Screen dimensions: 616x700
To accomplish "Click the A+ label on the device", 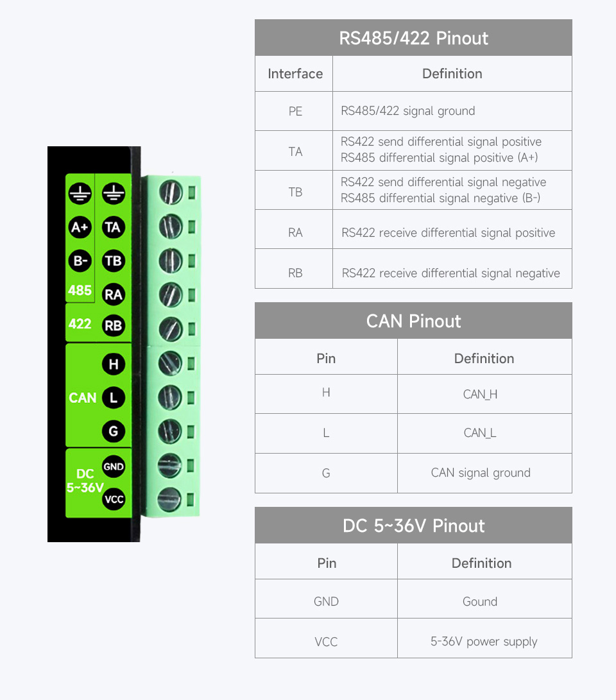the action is click(x=80, y=227).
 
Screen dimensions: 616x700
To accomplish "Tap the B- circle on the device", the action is click(x=80, y=260).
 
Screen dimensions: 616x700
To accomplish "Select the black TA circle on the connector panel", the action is click(x=114, y=227).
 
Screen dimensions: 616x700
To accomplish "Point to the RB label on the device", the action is click(x=114, y=326).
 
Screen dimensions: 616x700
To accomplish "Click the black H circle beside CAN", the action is click(x=114, y=364).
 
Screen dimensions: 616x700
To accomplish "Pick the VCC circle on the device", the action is click(x=114, y=499).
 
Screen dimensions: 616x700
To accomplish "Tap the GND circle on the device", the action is click(x=114, y=467).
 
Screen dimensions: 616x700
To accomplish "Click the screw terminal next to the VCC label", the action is click(x=169, y=499).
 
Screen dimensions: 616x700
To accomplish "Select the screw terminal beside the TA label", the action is click(x=171, y=226).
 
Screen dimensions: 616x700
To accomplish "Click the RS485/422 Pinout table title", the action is click(x=413, y=38).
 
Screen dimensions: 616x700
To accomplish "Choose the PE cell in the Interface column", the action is click(x=295, y=111).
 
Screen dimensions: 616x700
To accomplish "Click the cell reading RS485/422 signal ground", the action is click(x=452, y=111).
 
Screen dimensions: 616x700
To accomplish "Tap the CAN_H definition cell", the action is click(x=484, y=394).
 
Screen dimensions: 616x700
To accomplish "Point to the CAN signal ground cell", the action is click(x=484, y=474).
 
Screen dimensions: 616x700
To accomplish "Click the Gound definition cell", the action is click(x=484, y=601).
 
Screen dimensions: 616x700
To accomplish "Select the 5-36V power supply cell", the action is click(x=484, y=642).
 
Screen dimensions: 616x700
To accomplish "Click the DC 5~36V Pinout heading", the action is click(x=413, y=525).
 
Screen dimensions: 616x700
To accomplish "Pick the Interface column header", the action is click(x=295, y=74).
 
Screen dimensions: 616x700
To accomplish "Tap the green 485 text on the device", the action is click(x=80, y=291).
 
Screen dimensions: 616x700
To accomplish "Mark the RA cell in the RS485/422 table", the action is click(x=295, y=233).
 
